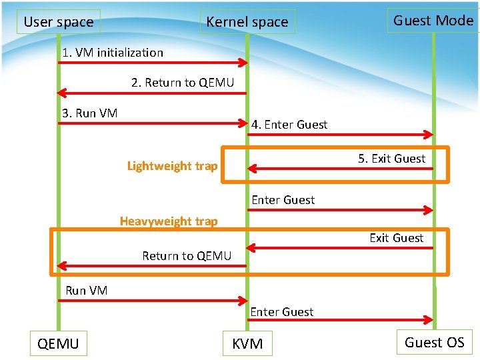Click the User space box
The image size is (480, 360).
tap(59, 22)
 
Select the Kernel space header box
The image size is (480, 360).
tap(247, 22)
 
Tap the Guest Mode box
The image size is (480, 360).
tap(433, 21)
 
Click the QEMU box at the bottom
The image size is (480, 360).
tap(59, 343)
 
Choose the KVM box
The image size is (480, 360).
tap(247, 343)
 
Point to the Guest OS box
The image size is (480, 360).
tap(434, 342)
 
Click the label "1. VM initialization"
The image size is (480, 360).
tap(113, 53)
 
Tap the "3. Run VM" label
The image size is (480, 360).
tap(90, 113)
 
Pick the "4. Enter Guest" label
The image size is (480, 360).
tap(289, 125)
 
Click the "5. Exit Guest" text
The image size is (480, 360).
tap(391, 159)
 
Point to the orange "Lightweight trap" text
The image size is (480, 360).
tap(172, 166)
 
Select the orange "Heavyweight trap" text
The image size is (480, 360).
tap(169, 221)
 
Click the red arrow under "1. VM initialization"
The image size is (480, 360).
tap(153, 63)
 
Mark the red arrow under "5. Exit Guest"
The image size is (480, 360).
tap(341, 169)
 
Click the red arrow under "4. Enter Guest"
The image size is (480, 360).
tap(341, 135)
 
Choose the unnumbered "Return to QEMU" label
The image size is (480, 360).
tap(187, 256)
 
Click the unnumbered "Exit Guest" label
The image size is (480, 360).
tap(396, 238)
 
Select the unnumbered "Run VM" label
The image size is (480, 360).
tap(87, 290)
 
